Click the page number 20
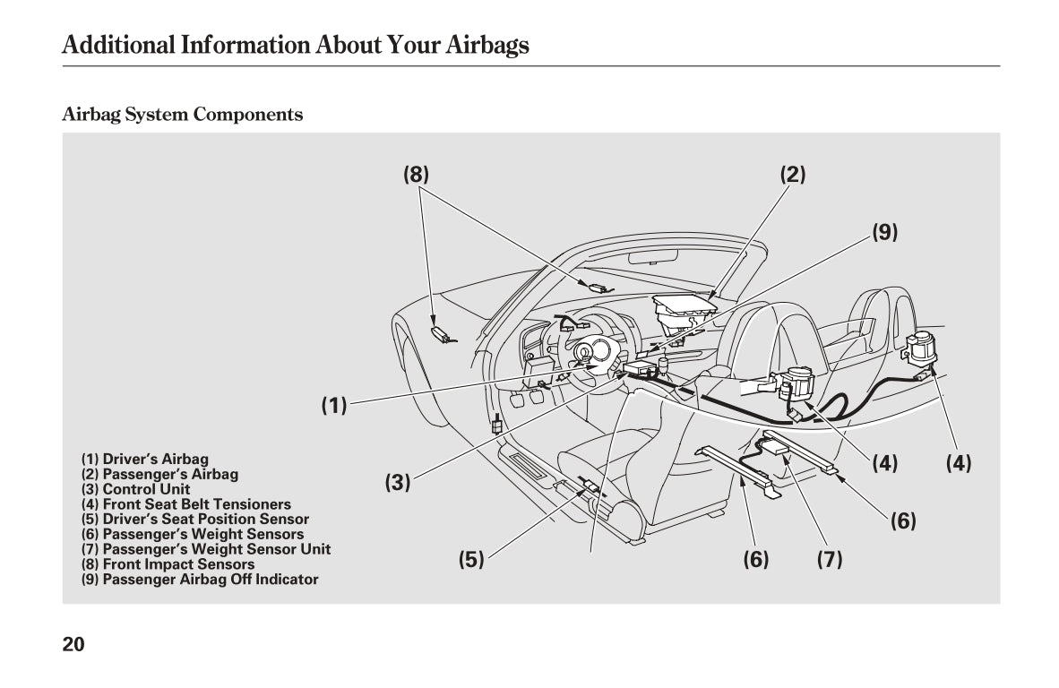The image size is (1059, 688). click(73, 643)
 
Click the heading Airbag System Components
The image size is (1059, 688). click(182, 115)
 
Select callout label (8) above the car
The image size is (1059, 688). click(416, 175)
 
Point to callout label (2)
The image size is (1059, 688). click(792, 175)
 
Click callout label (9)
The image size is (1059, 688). click(884, 233)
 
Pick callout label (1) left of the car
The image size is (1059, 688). click(334, 406)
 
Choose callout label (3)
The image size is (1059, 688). click(398, 483)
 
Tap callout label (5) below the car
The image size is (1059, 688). click(471, 560)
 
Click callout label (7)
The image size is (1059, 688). click(830, 560)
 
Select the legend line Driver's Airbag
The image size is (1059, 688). click(145, 459)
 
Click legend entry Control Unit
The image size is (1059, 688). click(136, 489)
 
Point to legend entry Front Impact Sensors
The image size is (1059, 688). click(168, 564)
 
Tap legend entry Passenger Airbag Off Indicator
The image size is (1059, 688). click(200, 580)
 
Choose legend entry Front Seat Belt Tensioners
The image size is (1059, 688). click(186, 504)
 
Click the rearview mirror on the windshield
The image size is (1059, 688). click(651, 258)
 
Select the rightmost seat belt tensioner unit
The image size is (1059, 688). click(921, 348)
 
